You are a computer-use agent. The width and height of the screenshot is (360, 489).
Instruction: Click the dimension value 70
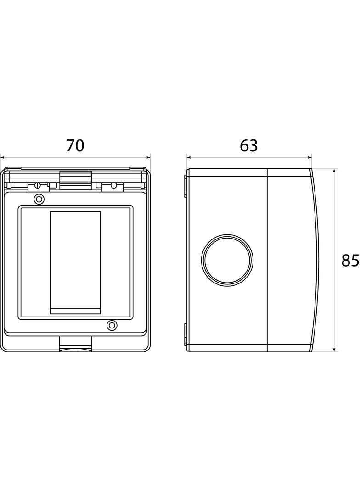point(75,145)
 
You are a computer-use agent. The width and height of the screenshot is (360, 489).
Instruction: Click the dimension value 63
point(249,145)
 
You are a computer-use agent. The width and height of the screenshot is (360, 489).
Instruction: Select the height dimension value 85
point(350,261)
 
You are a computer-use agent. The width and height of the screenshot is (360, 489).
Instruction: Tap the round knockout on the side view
point(227,261)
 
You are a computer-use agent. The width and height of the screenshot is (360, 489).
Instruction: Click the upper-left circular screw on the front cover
point(39,199)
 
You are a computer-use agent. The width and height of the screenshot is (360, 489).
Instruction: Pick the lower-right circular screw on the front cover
point(112,325)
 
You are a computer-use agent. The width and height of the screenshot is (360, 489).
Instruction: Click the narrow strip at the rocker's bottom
point(75,311)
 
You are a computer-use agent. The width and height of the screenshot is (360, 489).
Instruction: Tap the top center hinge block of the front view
point(75,181)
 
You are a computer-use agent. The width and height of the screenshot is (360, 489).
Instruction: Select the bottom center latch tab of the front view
point(75,344)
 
